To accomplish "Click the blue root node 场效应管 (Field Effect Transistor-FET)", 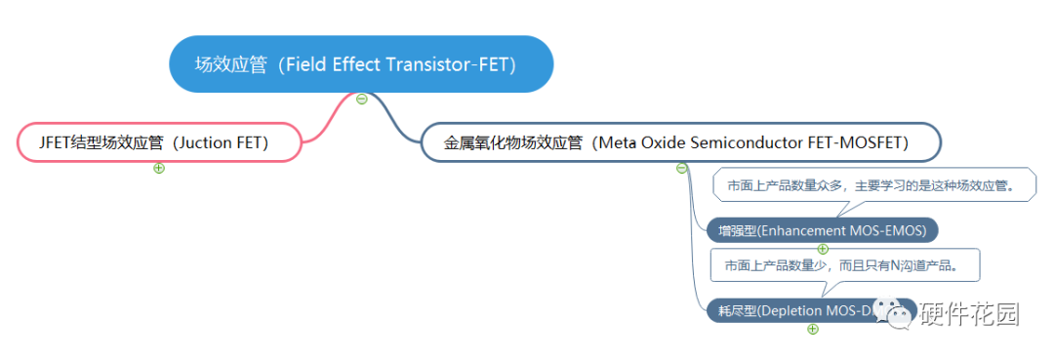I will [361, 64].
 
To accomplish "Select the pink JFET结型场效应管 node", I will [157, 142].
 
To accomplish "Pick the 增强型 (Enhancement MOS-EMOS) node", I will [822, 230].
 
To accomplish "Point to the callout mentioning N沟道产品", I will [845, 264].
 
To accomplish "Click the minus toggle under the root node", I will [362, 99].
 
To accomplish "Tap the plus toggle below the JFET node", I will [159, 168].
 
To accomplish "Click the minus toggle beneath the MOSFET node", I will [682, 168].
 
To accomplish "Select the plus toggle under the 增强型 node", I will [823, 248].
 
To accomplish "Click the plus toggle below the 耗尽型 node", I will [813, 329].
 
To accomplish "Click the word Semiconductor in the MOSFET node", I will [746, 142].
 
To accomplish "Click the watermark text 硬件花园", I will [969, 313].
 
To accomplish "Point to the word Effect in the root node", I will [359, 64].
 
